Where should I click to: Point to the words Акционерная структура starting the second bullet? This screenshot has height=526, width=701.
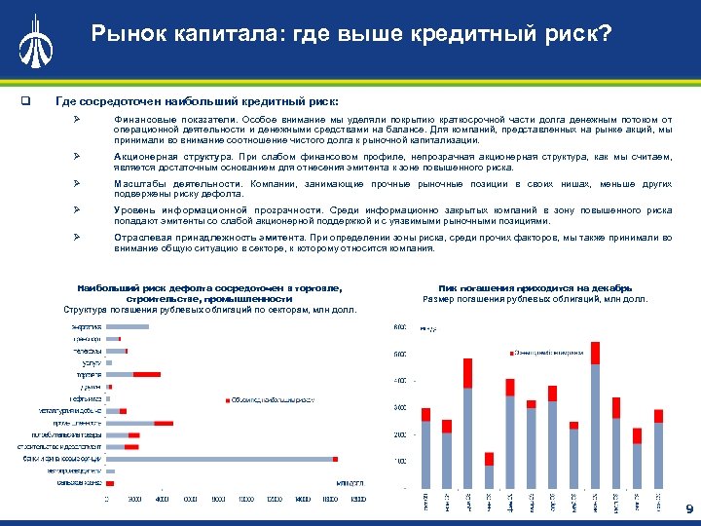(172, 156)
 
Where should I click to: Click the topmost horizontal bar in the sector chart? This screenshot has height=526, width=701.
(126, 326)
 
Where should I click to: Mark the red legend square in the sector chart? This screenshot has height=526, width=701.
(227, 399)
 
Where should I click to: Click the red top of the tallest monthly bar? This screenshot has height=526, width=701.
(595, 353)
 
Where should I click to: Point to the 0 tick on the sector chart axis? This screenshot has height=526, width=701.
(107, 500)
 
